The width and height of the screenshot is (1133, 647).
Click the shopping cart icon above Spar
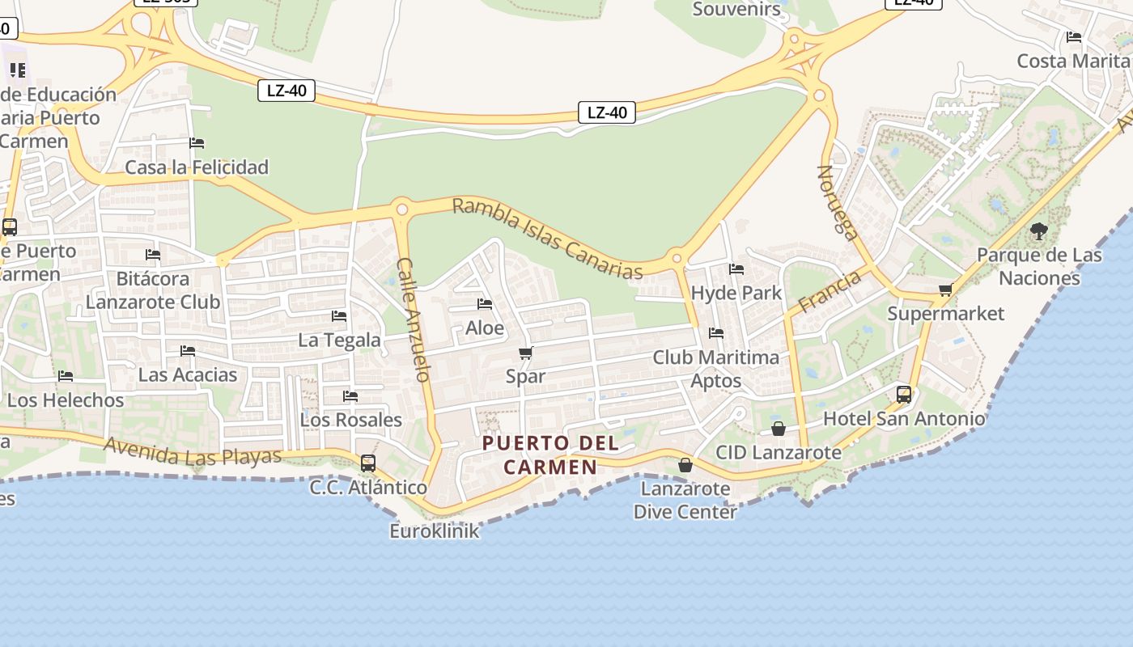pyautogui.click(x=525, y=353)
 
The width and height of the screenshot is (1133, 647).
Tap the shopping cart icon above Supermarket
pyautogui.click(x=944, y=290)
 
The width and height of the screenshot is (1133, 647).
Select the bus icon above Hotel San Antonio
pyautogui.click(x=904, y=395)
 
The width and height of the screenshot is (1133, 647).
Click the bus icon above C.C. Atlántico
pyautogui.click(x=368, y=463)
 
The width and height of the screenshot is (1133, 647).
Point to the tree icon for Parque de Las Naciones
pyautogui.click(x=1039, y=232)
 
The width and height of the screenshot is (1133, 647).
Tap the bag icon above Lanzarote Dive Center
pyautogui.click(x=685, y=465)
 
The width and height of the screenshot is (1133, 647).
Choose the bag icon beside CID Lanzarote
pyautogui.click(x=779, y=429)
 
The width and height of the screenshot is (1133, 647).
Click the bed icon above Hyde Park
pyautogui.click(x=736, y=269)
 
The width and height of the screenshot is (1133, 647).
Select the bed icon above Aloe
pyautogui.click(x=485, y=304)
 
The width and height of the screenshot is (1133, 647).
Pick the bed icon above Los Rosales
pyautogui.click(x=350, y=396)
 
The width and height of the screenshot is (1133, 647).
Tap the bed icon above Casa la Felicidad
pyautogui.click(x=197, y=143)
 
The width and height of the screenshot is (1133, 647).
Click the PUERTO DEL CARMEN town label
pyautogui.click(x=550, y=455)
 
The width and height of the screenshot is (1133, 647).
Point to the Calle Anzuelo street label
pyautogui.click(x=413, y=319)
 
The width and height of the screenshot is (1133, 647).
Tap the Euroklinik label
pyautogui.click(x=435, y=531)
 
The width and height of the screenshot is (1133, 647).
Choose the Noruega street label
pyautogui.click(x=838, y=203)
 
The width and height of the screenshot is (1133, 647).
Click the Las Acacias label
pyautogui.click(x=188, y=374)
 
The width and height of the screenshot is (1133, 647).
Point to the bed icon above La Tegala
pyautogui.click(x=339, y=316)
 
